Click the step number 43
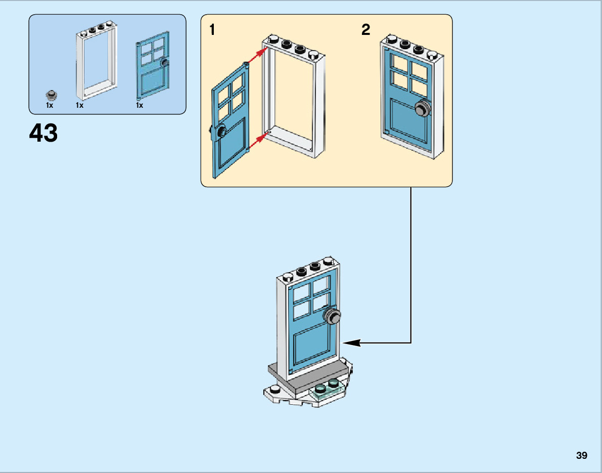pyautogui.click(x=43, y=134)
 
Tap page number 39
pyautogui.click(x=581, y=455)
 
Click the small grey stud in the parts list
pyautogui.click(x=50, y=95)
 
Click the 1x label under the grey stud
pyautogui.click(x=50, y=106)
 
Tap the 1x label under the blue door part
pyautogui.click(x=140, y=106)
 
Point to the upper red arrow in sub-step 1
pyautogui.click(x=257, y=55)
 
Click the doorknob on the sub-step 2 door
pyautogui.click(x=423, y=108)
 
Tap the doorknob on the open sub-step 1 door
pyautogui.click(x=221, y=133)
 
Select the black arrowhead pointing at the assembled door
pyautogui.click(x=352, y=342)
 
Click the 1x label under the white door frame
pyautogui.click(x=79, y=106)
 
